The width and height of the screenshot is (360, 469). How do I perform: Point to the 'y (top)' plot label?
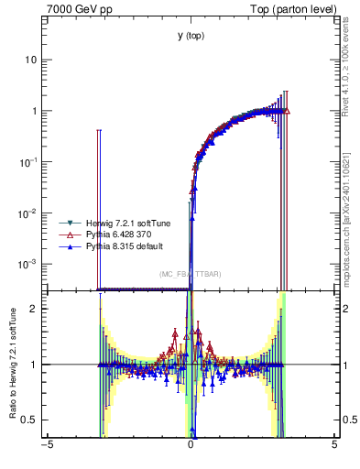tap(191, 36)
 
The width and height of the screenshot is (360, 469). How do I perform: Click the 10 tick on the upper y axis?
tap(34, 60)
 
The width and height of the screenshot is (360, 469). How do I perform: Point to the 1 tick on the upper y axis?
tap(37, 111)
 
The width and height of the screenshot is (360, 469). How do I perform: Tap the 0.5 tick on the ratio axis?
tap(32, 420)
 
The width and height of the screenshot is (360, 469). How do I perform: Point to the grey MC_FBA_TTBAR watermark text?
tap(191, 274)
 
